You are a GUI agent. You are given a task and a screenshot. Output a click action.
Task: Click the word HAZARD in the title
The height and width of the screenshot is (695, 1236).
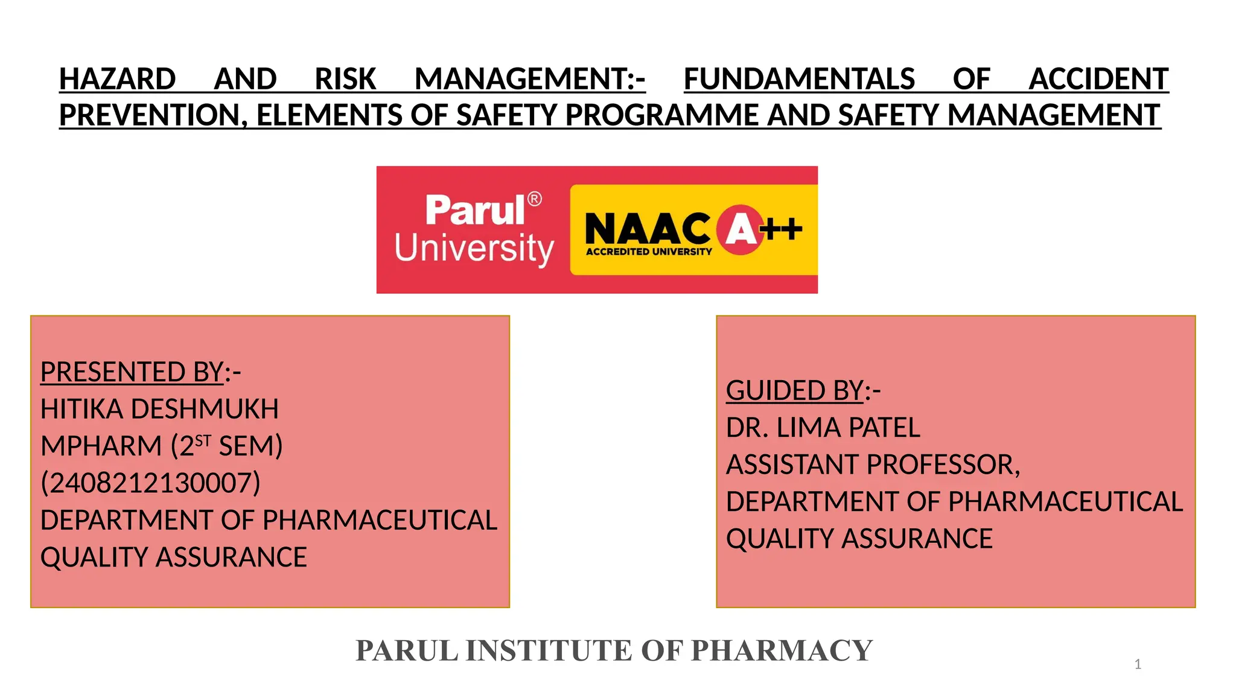click(117, 79)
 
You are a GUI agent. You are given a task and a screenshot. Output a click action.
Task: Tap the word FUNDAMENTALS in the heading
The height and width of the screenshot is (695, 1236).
click(799, 79)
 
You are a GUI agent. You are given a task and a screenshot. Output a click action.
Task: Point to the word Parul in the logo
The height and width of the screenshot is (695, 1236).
click(475, 211)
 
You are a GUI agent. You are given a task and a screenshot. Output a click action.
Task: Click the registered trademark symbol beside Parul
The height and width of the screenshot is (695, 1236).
click(535, 199)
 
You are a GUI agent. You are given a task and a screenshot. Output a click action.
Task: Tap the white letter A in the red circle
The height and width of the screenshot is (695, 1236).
click(741, 229)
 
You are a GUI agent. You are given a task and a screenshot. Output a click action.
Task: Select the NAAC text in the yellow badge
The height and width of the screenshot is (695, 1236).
click(648, 229)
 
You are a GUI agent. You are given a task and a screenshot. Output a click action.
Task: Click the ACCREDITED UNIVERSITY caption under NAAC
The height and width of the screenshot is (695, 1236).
click(649, 252)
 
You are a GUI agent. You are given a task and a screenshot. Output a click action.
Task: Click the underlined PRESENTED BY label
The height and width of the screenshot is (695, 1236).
click(132, 372)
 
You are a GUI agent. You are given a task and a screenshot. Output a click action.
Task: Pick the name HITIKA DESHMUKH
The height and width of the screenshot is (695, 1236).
click(159, 409)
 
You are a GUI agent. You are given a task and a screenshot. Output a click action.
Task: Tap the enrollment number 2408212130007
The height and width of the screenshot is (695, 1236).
click(150, 483)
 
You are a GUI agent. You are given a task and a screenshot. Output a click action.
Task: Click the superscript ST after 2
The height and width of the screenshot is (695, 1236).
click(203, 441)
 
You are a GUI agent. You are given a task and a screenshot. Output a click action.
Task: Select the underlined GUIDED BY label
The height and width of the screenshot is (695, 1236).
click(795, 390)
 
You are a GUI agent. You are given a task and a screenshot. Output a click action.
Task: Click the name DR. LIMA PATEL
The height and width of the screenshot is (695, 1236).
click(823, 428)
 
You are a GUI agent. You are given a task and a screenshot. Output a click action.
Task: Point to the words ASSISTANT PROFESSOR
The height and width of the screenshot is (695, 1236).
click(873, 465)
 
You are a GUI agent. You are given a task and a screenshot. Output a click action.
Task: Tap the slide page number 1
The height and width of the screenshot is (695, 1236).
click(1138, 664)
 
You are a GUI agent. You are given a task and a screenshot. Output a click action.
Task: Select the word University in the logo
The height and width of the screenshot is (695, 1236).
click(474, 248)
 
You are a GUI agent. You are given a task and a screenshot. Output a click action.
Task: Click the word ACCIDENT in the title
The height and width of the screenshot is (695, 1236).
click(1098, 79)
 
